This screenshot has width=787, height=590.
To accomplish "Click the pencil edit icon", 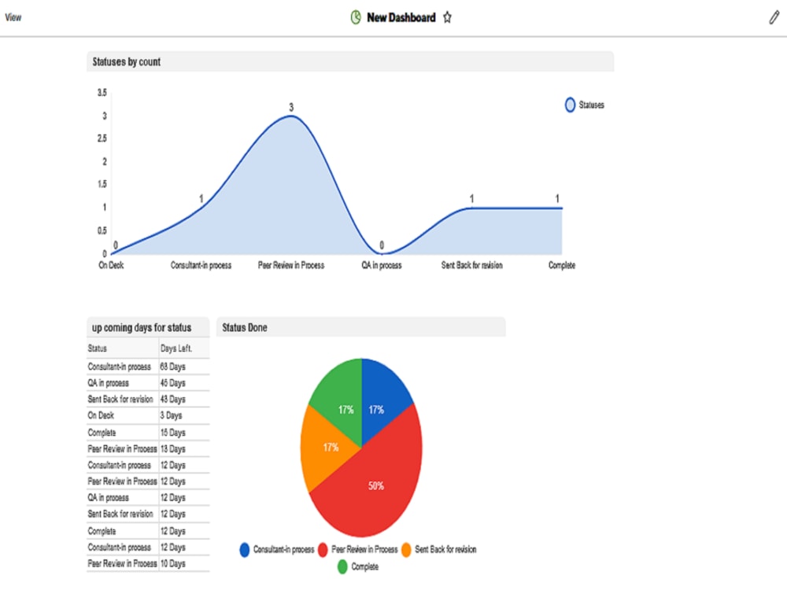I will [774, 17].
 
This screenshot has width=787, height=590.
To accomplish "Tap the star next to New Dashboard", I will [447, 17].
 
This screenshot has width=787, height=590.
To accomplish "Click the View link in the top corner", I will [13, 17].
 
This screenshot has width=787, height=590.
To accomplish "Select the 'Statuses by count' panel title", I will [127, 62].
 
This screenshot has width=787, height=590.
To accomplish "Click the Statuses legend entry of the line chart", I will [585, 105].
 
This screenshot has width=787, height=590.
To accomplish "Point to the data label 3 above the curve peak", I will [290, 107].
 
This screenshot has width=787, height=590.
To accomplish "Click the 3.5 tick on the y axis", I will [102, 93].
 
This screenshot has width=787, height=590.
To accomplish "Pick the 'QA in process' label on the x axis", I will [382, 266].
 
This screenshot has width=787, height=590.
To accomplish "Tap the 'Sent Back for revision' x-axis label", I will [471, 266].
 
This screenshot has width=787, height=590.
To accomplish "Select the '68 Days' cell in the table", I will [172, 367].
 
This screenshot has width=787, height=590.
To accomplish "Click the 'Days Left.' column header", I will [176, 348].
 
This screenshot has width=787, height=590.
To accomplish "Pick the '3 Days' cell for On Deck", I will [171, 415].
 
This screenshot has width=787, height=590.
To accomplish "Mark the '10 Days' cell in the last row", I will [172, 563].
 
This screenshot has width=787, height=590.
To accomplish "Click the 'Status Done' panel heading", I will [245, 327].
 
